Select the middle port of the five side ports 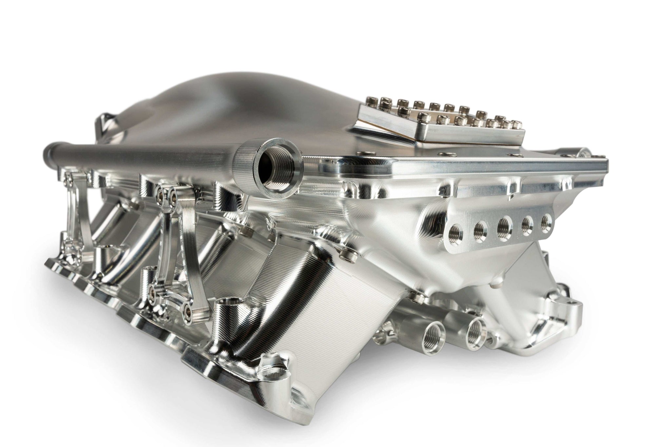(503, 226)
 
